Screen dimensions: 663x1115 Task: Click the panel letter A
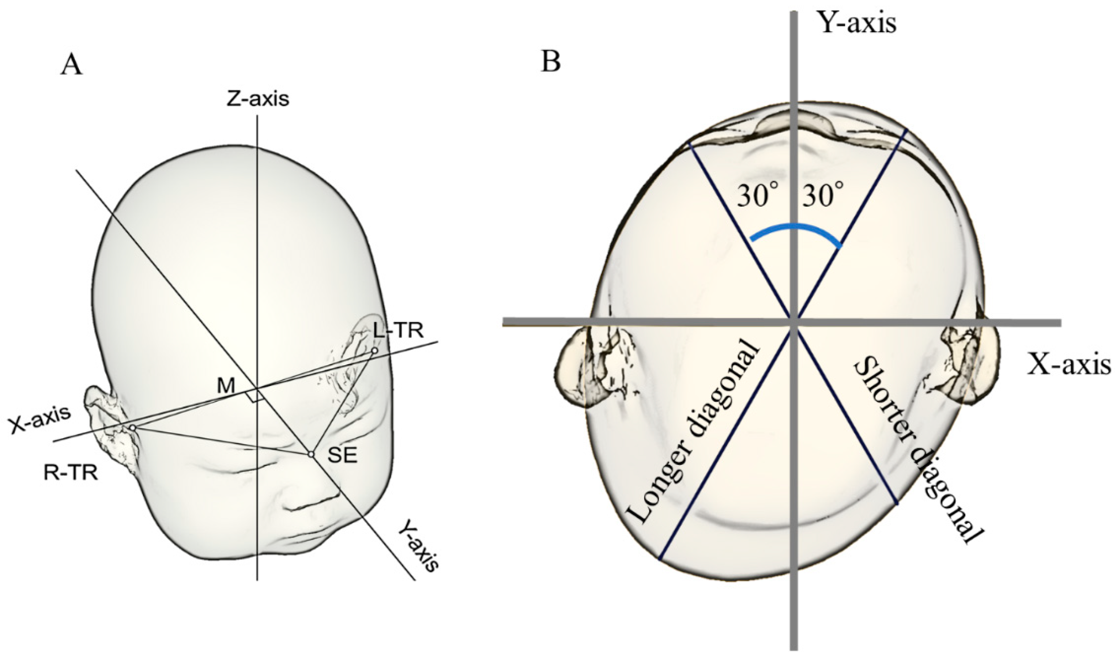pyautogui.click(x=72, y=66)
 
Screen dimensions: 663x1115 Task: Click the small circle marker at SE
pyautogui.click(x=311, y=454)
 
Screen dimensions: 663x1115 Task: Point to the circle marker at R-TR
pyautogui.click(x=132, y=428)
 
